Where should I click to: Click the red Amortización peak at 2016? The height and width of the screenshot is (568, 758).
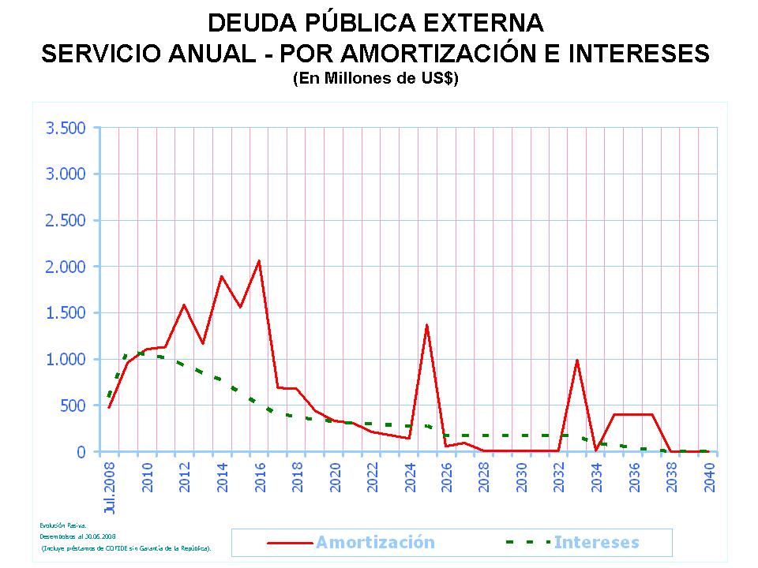pos(259,260)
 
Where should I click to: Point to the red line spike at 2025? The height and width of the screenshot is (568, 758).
pos(427,325)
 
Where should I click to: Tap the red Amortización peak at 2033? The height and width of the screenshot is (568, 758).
pos(577,361)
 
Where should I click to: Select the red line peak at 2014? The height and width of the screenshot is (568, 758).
pos(222,276)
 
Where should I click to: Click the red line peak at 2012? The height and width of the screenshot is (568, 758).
pos(184,305)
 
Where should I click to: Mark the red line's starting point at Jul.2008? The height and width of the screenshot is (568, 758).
pos(109,407)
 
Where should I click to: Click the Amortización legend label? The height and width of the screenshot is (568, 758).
pos(375,542)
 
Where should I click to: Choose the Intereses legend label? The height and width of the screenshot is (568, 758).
pos(596,542)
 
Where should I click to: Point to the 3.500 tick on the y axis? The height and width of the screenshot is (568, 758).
pos(66,128)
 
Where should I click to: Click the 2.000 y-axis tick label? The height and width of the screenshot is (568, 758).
pos(66,267)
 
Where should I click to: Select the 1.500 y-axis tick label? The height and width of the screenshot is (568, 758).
pos(66,313)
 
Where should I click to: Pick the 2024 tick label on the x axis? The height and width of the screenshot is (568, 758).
pos(409,474)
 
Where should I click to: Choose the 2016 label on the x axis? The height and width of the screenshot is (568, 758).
pos(259,474)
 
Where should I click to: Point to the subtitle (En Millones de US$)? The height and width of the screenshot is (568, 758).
pos(375,79)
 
